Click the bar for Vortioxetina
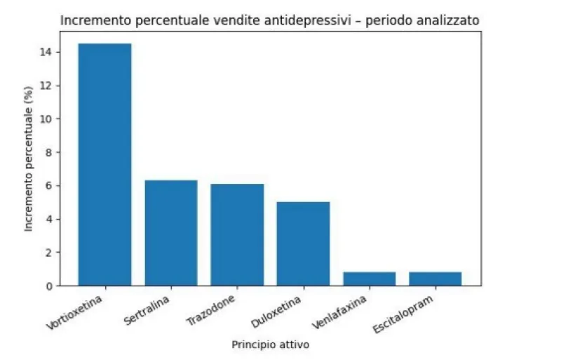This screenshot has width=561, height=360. coord(104,164)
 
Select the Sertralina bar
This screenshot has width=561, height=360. coord(170,233)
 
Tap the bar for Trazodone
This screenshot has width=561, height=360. coord(237,234)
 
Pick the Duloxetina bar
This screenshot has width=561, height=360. coord(303,244)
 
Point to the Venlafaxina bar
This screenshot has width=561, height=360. coord(369,279)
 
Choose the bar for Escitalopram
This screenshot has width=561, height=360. coord(435,279)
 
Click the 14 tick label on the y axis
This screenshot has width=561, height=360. coord(48,53)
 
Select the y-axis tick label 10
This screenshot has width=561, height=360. coord(48,119)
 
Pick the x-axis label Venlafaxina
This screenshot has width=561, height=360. coord(342,313)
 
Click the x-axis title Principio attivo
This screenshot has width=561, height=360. coord(270,345)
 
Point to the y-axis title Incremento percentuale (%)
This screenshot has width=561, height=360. coord(29,169)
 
